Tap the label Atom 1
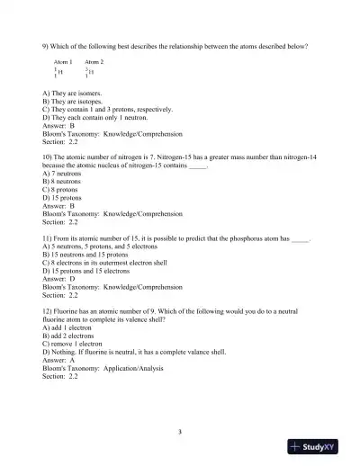pyautogui.click(x=64, y=62)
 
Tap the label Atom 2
pyautogui.click(x=94, y=62)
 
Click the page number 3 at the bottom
pyautogui.click(x=180, y=432)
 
